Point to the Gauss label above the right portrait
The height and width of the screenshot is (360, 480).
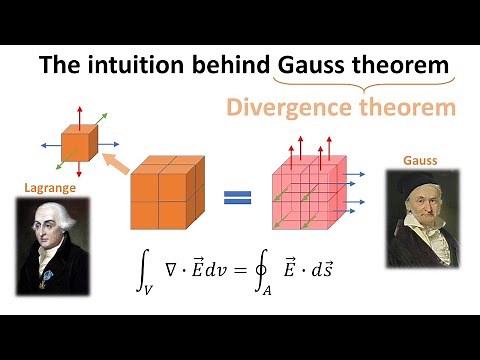pyautogui.click(x=420, y=160)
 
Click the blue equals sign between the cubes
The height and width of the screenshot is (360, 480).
pyautogui.click(x=236, y=195)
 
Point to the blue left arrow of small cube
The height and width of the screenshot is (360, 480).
pyautogui.click(x=50, y=146)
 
